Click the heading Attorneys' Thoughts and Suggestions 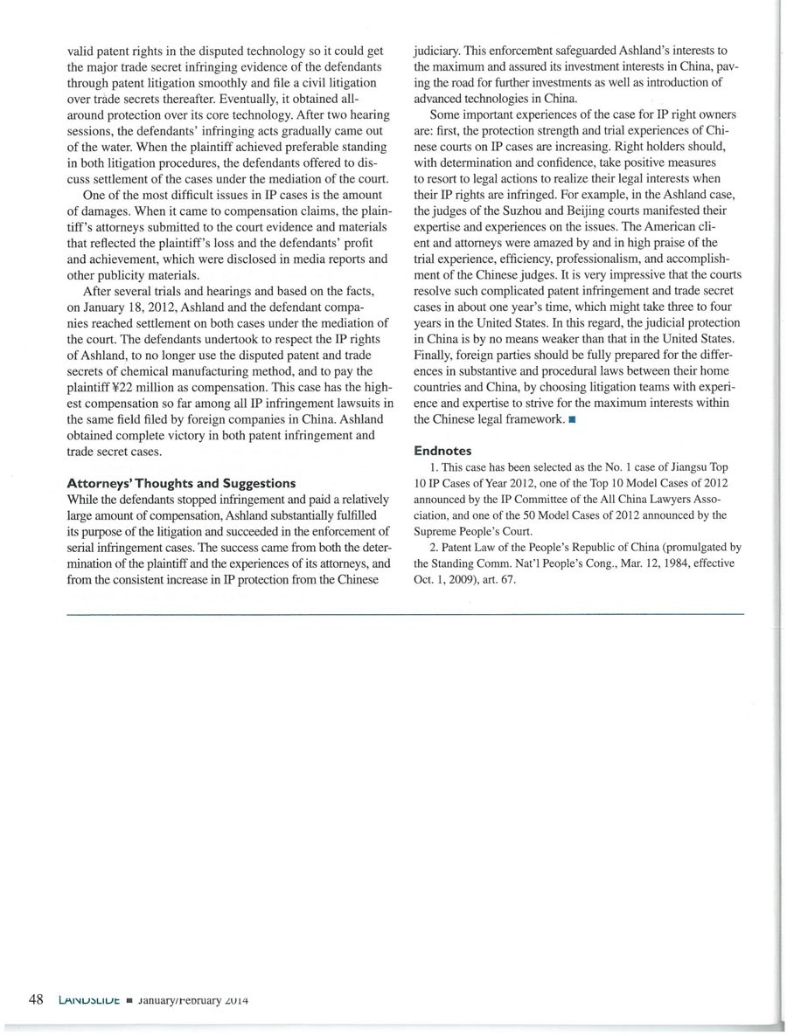click(181, 483)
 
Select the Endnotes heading click(443, 451)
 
